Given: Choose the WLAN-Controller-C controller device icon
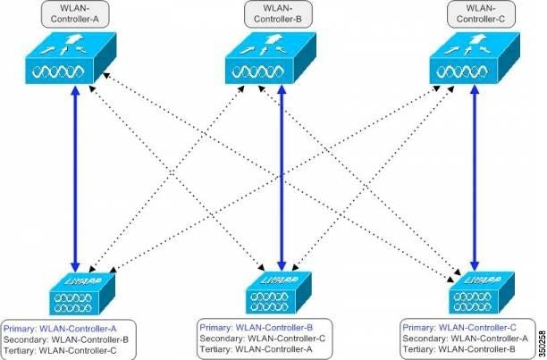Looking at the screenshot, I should pyautogui.click(x=473, y=60).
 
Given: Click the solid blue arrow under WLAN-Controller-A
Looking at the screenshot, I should pyautogui.click(x=74, y=179).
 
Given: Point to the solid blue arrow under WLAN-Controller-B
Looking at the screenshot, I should pyautogui.click(x=282, y=179).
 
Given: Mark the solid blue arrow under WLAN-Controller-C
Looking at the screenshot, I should pyautogui.click(x=475, y=179).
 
